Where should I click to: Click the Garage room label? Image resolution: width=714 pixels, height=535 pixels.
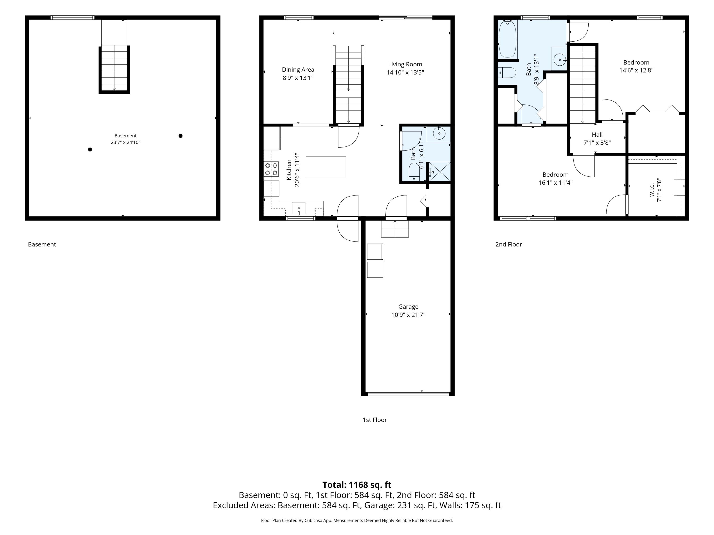point(408,307)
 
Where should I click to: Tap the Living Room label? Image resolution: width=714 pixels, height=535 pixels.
point(405,64)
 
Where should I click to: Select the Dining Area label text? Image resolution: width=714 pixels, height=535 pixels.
point(298,70)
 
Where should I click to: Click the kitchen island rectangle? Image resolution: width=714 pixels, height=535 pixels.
point(326,167)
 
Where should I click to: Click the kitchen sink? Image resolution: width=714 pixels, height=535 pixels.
point(299,208)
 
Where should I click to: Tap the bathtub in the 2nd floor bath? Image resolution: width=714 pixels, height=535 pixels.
point(507,39)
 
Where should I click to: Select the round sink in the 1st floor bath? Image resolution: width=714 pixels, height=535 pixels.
point(439,133)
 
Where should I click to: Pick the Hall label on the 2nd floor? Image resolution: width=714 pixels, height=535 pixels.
point(597,135)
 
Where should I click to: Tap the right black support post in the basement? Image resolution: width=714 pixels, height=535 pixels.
point(180,136)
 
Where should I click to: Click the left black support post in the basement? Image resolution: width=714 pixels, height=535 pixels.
point(90,149)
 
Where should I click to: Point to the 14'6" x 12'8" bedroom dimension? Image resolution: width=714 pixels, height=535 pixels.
point(636,70)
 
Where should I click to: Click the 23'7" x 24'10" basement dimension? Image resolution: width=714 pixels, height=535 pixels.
point(126,142)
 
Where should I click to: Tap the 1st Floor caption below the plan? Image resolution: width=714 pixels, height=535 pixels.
point(375,420)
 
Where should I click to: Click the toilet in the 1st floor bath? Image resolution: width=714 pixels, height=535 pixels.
point(414,173)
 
